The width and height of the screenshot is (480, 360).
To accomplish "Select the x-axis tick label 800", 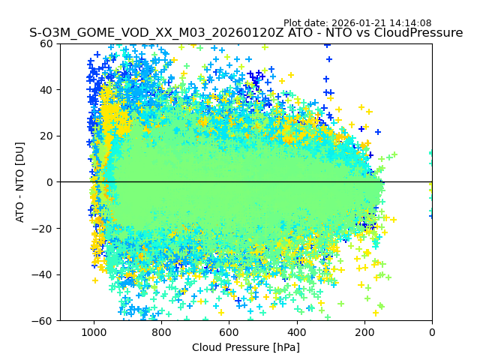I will pos(161,332).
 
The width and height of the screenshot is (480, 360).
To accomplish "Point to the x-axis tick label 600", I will pos(229,332).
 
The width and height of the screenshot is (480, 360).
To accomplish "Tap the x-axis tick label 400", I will pos(296,332).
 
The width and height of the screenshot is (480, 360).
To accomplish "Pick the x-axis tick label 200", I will pos(364,332).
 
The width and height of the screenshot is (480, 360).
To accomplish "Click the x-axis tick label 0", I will pos(432,332).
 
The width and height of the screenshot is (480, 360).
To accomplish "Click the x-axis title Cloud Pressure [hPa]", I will pos(246,347).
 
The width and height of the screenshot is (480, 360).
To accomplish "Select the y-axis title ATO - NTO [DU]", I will pos(20,182).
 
